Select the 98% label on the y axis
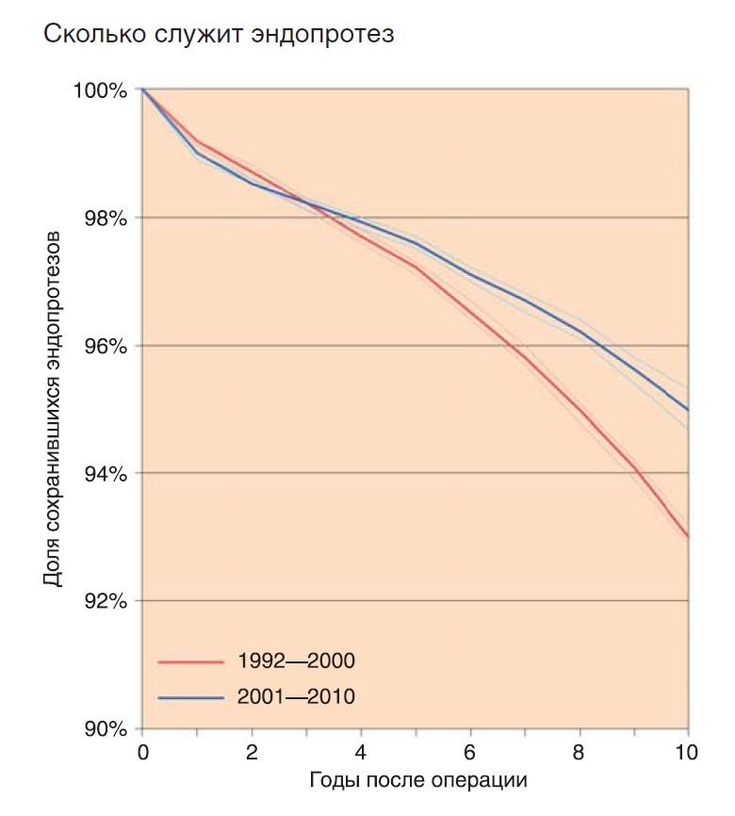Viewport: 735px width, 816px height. pyautogui.click(x=106, y=218)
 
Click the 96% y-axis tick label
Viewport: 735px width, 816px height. pyautogui.click(x=106, y=346)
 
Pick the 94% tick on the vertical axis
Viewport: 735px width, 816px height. pyautogui.click(x=106, y=474)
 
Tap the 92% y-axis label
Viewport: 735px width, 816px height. pyautogui.click(x=106, y=601)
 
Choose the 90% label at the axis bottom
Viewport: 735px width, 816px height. pyautogui.click(x=106, y=729)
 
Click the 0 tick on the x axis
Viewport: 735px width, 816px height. pyautogui.click(x=142, y=753)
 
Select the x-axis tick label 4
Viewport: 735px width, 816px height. pyautogui.click(x=361, y=753)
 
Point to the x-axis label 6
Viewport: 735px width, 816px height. pyautogui.click(x=470, y=753)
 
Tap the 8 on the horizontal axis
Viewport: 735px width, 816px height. pyautogui.click(x=579, y=753)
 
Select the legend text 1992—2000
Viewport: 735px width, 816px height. pyautogui.click(x=296, y=661)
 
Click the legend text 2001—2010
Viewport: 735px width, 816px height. pyautogui.click(x=296, y=696)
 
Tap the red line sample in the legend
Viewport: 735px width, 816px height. pyautogui.click(x=191, y=662)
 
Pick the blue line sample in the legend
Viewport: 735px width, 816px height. pyautogui.click(x=191, y=697)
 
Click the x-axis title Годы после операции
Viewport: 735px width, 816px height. pyautogui.click(x=418, y=780)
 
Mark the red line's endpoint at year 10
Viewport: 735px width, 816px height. pyautogui.click(x=688, y=536)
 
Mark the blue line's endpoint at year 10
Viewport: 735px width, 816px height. pyautogui.click(x=688, y=410)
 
